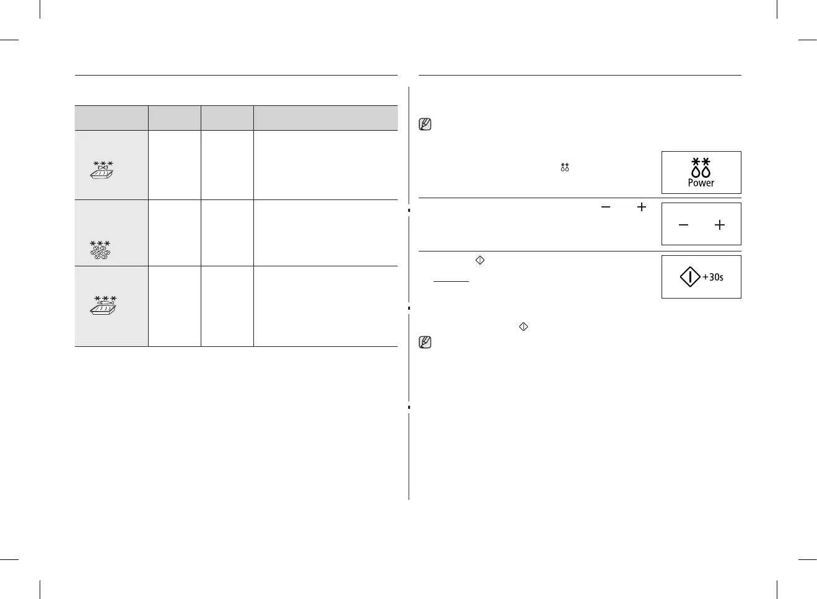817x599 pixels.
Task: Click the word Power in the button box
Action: pos(701,183)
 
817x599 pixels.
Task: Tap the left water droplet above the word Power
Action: pos(696,172)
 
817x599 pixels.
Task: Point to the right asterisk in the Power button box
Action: pos(706,162)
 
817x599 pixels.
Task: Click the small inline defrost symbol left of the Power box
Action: pos(564,167)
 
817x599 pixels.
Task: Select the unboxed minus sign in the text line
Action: pos(605,208)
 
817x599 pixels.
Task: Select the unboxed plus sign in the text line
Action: pos(642,208)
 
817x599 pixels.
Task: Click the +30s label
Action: pos(713,277)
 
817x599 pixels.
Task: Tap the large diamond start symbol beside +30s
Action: pos(690,277)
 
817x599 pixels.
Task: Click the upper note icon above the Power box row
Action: pos(426,124)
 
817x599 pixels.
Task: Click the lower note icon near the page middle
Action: pos(426,342)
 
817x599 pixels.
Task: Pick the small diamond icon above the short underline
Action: pos(479,261)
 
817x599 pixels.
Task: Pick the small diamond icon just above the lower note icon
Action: pos(523,326)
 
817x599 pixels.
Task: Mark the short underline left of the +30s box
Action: pos(451,281)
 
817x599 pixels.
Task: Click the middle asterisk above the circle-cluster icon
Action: pos(100,243)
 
